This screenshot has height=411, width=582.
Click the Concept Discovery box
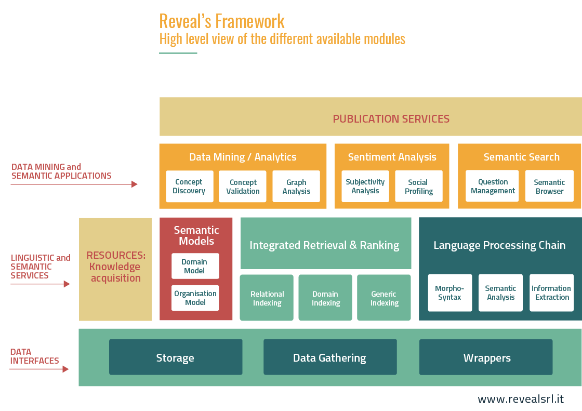pyautogui.click(x=190, y=187)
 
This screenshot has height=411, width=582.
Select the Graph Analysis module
pyautogui.click(x=296, y=187)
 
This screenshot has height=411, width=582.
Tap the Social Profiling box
pyautogui.click(x=419, y=187)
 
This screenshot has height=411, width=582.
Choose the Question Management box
pyautogui.click(x=492, y=186)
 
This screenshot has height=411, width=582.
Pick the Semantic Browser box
pyautogui.click(x=550, y=186)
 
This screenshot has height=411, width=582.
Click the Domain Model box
pyautogui.click(x=195, y=266)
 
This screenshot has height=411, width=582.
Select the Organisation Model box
pyautogui.click(x=195, y=298)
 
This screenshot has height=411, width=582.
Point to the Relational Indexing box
pyautogui.click(x=267, y=298)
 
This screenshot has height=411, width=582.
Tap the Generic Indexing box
pyautogui.click(x=384, y=298)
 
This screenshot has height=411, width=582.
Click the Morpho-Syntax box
pyautogui.click(x=450, y=293)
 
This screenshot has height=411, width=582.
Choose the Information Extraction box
pyautogui.click(x=551, y=293)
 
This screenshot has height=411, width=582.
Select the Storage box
pyautogui.click(x=176, y=357)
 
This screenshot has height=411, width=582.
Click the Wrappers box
pyautogui.click(x=486, y=357)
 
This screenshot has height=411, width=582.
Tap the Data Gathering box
pyautogui.click(x=330, y=357)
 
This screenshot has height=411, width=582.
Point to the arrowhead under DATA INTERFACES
pyautogui.click(x=65, y=369)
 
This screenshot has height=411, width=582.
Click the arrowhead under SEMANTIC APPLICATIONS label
pyautogui.click(x=135, y=184)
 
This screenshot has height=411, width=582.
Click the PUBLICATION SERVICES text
pyautogui.click(x=391, y=119)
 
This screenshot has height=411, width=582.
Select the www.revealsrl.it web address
pyautogui.click(x=521, y=399)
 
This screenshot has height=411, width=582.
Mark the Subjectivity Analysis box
pyautogui.click(x=365, y=187)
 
